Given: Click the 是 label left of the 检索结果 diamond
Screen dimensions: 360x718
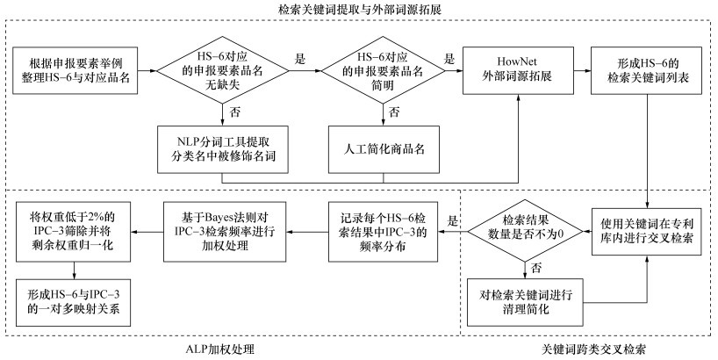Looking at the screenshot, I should point(454,220).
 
